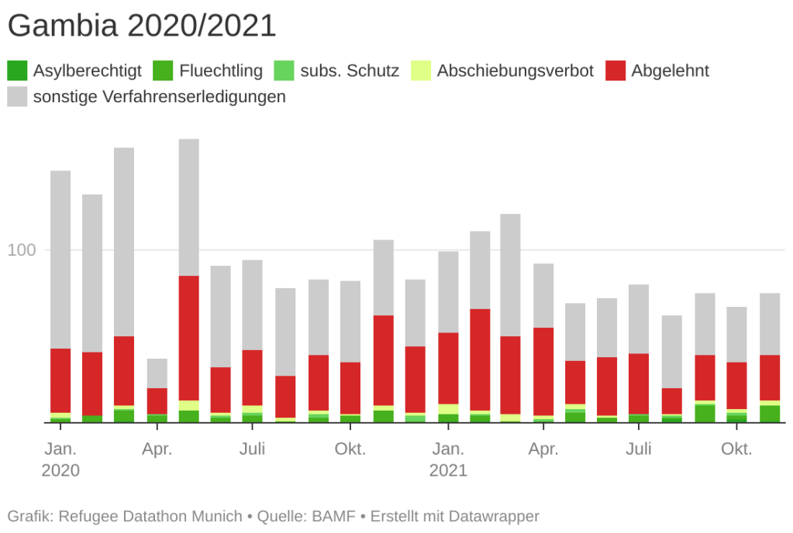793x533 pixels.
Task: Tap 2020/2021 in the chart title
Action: [202, 26]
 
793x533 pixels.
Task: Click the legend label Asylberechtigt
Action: [88, 71]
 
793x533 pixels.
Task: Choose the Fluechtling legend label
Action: [221, 71]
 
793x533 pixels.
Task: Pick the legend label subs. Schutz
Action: [350, 71]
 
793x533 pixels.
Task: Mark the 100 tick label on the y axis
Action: [22, 250]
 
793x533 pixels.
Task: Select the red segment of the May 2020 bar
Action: [189, 338]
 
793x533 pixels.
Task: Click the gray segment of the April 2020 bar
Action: [157, 373]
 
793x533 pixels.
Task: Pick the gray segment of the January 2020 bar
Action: [60, 260]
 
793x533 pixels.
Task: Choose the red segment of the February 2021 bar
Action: [480, 359]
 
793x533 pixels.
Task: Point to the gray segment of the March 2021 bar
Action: [510, 275]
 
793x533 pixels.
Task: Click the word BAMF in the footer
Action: [334, 516]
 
